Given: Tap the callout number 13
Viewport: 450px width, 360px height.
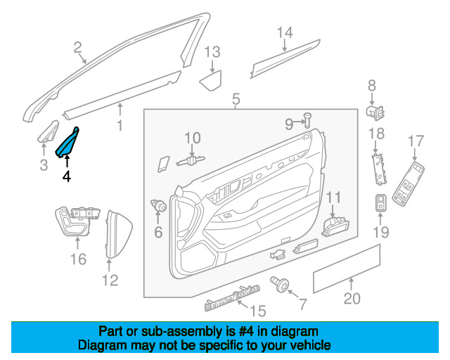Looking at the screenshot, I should (x=212, y=51).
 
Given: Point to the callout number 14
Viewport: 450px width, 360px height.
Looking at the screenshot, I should (x=284, y=32).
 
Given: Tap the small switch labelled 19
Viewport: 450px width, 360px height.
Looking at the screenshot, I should (x=380, y=203).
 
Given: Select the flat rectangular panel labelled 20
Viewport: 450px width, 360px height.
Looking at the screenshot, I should (x=346, y=269).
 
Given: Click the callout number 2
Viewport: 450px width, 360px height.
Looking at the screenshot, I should (x=77, y=49).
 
